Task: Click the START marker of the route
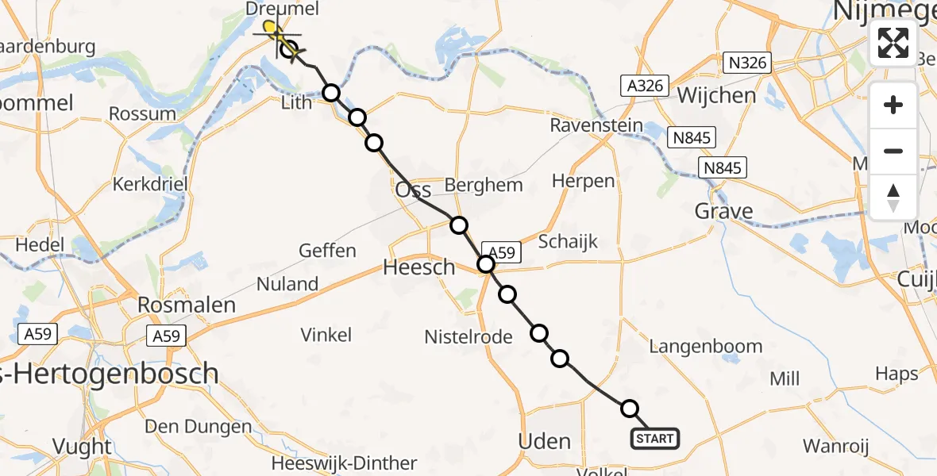coord(655,438)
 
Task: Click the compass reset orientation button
coord(893,198)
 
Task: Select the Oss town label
coord(413,190)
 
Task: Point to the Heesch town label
coord(419,267)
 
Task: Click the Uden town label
coord(544,441)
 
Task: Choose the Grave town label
coord(723,211)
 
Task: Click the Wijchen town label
coord(716,96)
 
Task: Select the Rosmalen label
coord(187,305)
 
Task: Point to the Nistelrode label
coord(468,336)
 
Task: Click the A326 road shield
coord(644,86)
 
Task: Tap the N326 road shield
coord(747,62)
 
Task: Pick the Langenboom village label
coord(705,346)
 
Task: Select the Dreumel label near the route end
coord(282,10)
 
